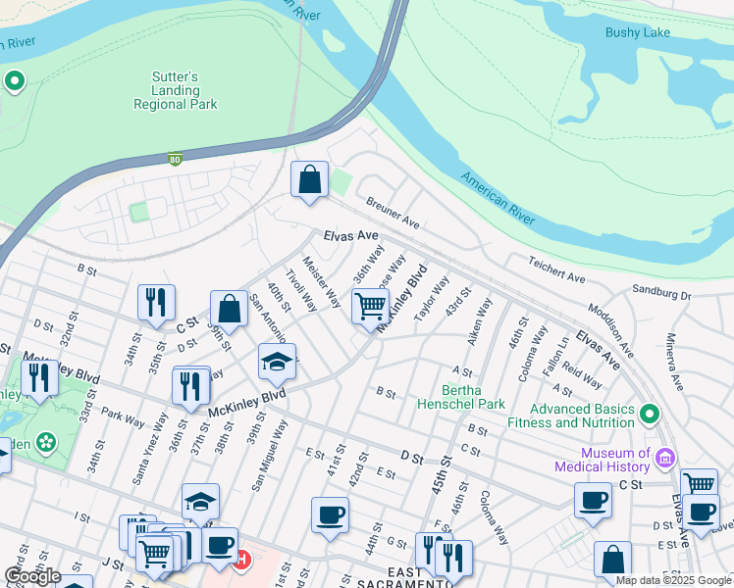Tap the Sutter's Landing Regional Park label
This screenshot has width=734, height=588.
(176, 90)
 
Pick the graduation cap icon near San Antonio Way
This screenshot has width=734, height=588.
(278, 362)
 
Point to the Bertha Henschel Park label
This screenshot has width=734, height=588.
(461, 397)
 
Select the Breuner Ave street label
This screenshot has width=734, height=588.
(393, 212)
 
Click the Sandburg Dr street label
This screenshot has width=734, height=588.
(661, 293)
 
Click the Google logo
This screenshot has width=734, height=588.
(31, 576)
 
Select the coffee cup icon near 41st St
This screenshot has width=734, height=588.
(330, 514)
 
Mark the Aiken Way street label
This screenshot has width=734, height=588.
(480, 321)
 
